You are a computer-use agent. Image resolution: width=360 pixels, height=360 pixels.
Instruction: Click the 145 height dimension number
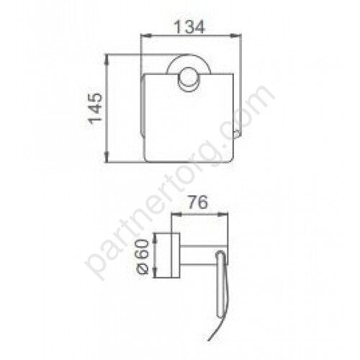96,109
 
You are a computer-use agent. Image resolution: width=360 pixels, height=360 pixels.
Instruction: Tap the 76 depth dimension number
197,202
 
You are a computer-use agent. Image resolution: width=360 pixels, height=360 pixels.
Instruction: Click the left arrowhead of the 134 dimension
146,36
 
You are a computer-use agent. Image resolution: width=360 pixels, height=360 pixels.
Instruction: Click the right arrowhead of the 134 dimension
235,36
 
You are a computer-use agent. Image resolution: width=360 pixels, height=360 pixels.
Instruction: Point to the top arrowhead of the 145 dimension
107,60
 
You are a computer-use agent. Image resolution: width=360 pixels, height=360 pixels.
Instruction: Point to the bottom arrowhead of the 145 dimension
107,157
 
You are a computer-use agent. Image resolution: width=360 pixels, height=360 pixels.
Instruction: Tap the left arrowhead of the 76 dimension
177,214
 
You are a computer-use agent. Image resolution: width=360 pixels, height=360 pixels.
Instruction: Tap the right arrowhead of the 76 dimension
222,214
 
